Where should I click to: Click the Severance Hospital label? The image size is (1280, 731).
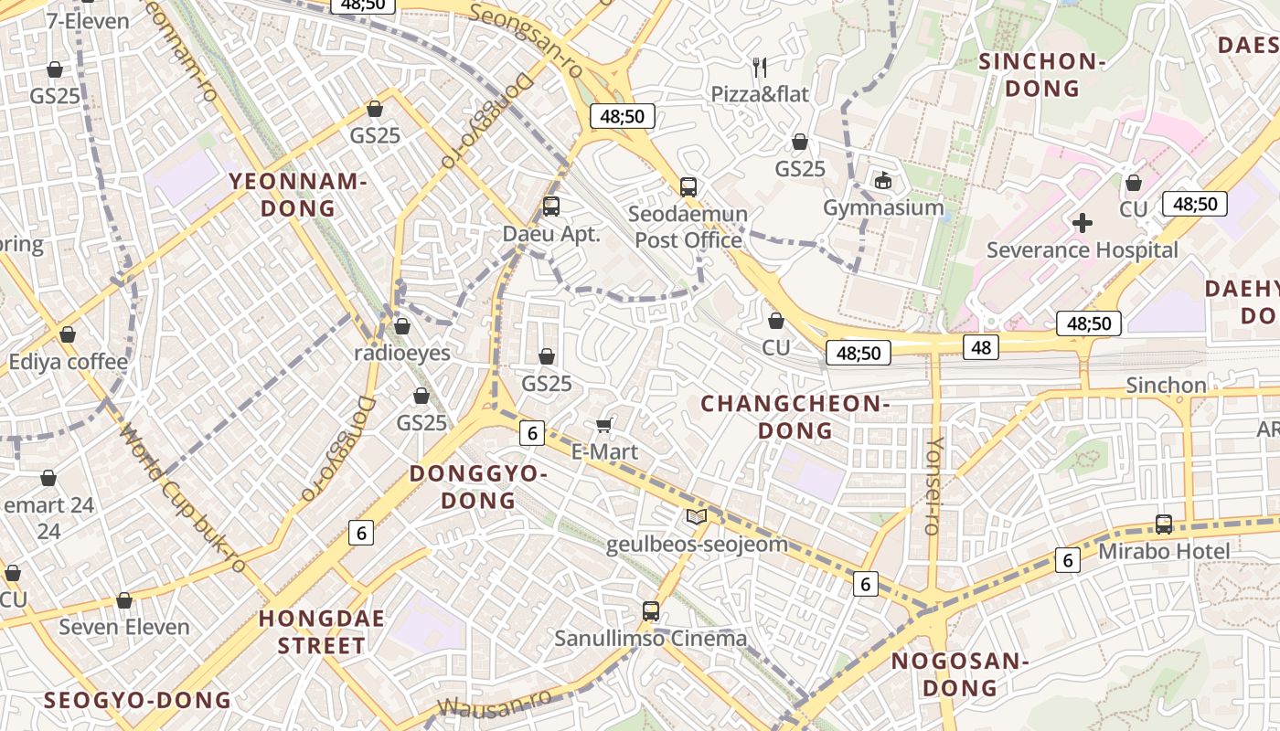click(x=1083, y=250)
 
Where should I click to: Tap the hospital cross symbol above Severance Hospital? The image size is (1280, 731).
click(x=1083, y=222)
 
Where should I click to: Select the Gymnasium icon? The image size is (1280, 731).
click(x=883, y=181)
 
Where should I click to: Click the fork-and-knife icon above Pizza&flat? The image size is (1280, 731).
click(x=759, y=66)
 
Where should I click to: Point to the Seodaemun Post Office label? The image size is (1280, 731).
click(x=688, y=227)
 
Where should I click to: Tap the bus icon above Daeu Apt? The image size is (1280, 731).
click(x=550, y=207)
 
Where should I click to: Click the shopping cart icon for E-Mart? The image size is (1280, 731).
click(x=603, y=425)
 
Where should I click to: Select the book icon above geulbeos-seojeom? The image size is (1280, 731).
click(x=697, y=517)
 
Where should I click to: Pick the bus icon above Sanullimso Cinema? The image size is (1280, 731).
click(x=651, y=611)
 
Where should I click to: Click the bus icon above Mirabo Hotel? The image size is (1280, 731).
click(x=1164, y=524)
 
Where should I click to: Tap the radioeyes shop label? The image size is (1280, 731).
click(x=402, y=353)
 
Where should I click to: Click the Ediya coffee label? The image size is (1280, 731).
click(x=69, y=362)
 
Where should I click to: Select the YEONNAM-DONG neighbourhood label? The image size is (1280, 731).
click(x=298, y=195)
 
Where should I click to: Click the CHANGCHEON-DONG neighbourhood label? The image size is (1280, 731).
click(x=795, y=417)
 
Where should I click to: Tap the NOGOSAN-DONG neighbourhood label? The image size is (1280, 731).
click(x=960, y=674)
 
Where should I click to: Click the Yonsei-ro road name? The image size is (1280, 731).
click(x=933, y=485)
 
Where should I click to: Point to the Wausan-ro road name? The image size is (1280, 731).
click(x=495, y=704)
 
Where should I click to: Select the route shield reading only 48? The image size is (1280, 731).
click(x=981, y=347)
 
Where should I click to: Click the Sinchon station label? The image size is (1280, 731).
click(x=1166, y=386)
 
